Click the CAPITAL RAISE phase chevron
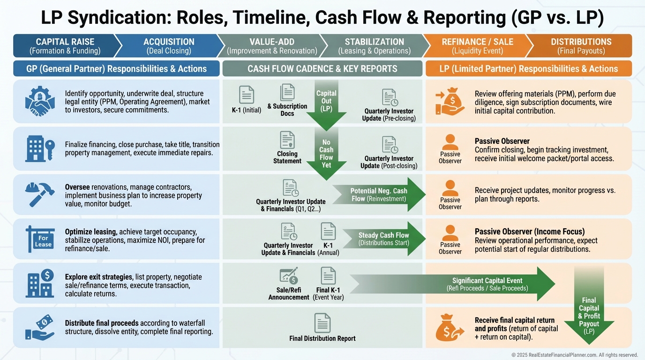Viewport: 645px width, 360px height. click(x=65, y=46)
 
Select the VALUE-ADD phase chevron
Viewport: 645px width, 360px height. click(x=272, y=46)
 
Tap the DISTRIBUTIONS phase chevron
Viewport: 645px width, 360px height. click(x=581, y=46)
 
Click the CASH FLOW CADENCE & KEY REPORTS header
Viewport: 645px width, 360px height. click(x=322, y=68)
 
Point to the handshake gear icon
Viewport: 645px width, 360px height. click(x=40, y=101)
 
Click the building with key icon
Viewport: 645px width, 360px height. click(x=40, y=149)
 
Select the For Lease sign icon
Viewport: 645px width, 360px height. click(x=40, y=239)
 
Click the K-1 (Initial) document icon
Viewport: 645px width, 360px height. click(x=247, y=95)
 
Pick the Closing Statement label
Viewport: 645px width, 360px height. click(x=287, y=157)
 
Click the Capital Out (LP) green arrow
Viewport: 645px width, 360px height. click(x=326, y=105)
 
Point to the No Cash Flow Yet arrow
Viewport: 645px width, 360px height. click(x=326, y=154)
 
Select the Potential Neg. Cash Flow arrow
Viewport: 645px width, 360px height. click(x=379, y=195)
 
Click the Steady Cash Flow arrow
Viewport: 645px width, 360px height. click(x=384, y=239)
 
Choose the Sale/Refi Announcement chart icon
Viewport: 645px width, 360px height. click(x=289, y=276)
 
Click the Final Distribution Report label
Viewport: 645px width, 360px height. click(x=322, y=338)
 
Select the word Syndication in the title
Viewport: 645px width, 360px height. click(x=119, y=18)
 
